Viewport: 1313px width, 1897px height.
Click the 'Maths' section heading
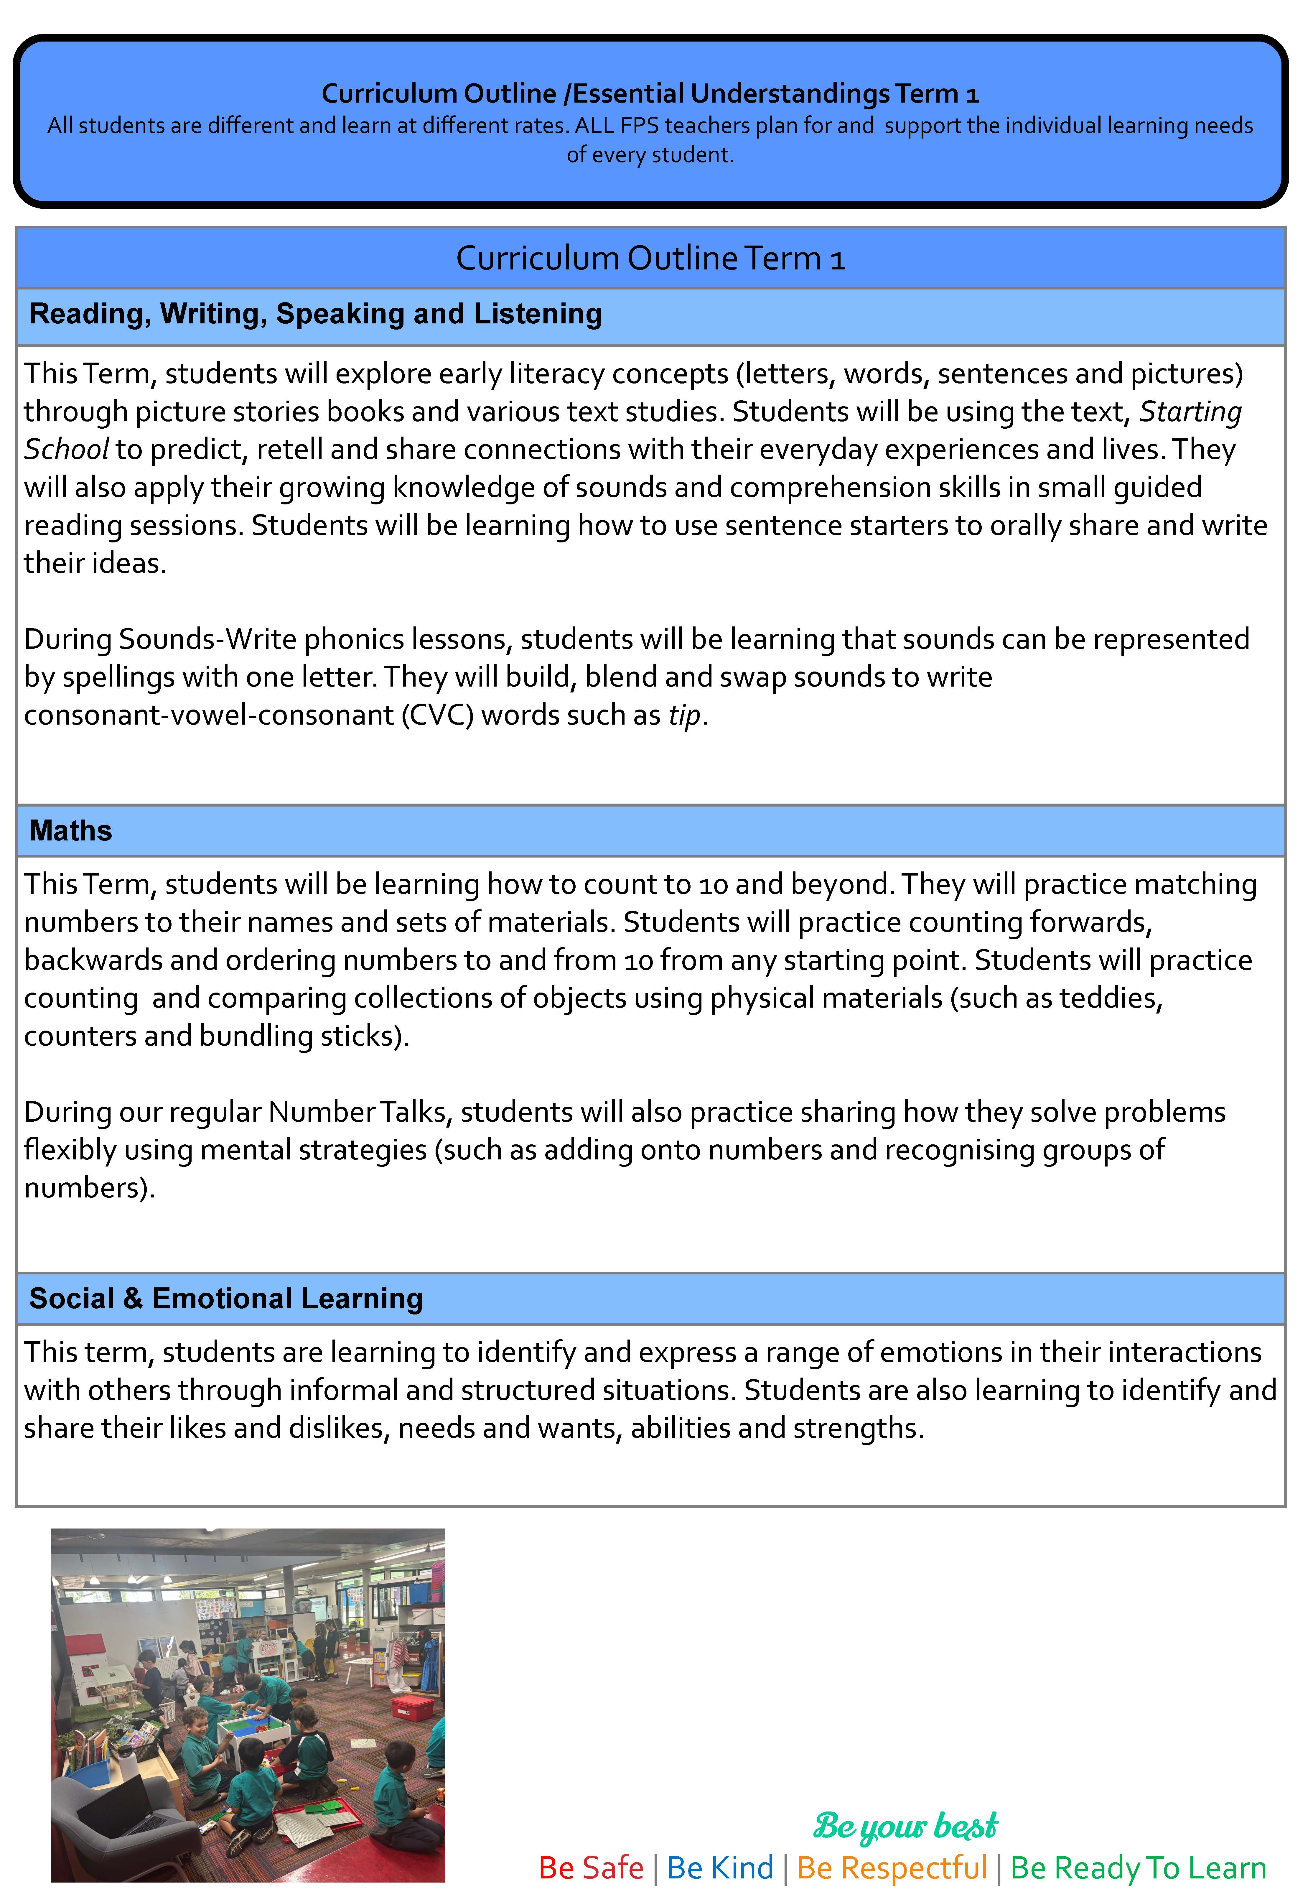tap(71, 831)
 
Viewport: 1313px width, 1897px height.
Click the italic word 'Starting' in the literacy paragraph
tap(1190, 411)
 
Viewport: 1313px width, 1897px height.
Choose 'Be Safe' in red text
tap(591, 1868)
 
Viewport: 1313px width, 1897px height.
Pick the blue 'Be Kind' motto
tap(720, 1868)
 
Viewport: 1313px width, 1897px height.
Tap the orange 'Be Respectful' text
tap(892, 1868)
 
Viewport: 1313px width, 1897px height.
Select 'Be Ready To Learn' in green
tap(1138, 1868)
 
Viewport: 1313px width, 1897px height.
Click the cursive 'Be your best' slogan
tap(905, 1826)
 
